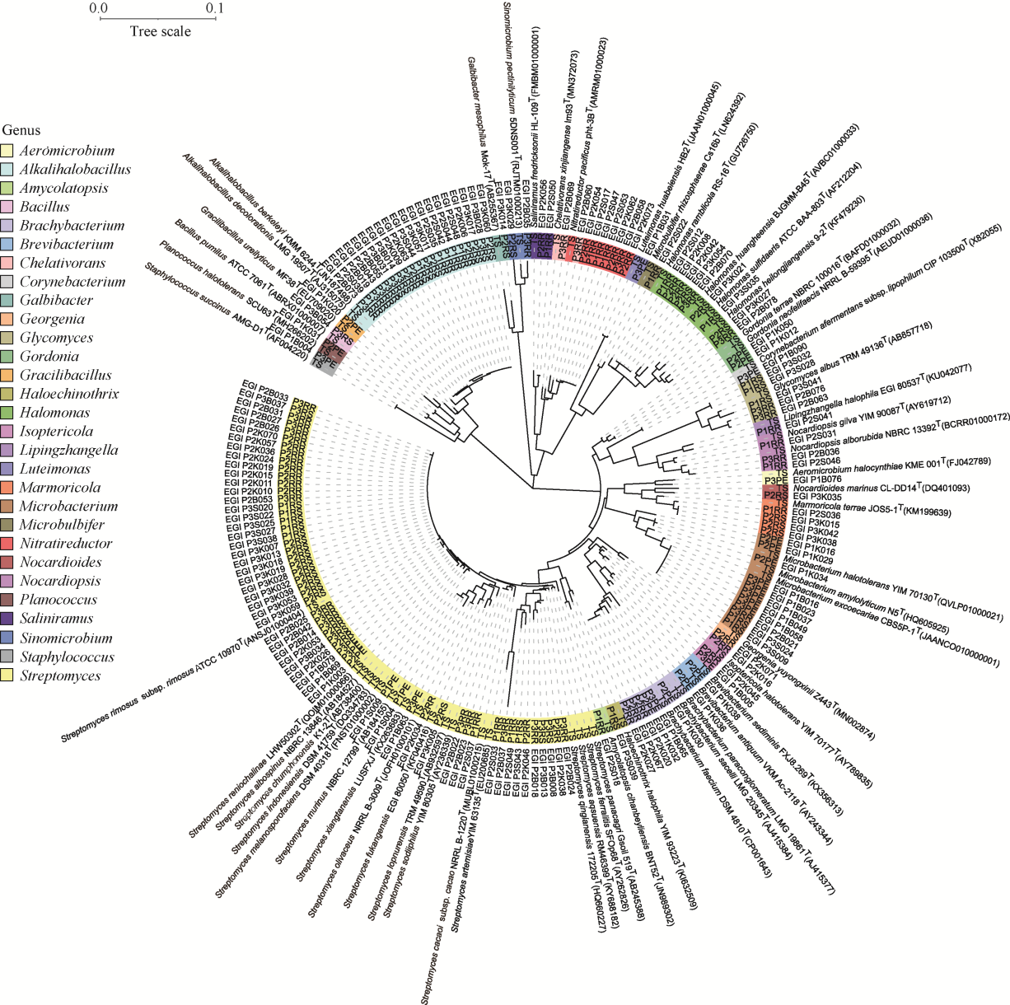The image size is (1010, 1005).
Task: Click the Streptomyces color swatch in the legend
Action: click(x=9, y=676)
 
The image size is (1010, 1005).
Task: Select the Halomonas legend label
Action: click(x=55, y=413)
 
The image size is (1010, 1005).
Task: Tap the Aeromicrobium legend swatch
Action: click(x=9, y=151)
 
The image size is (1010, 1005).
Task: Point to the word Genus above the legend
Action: click(x=21, y=130)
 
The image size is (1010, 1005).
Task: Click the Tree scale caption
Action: click(x=160, y=31)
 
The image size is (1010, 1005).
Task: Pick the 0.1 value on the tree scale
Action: click(x=215, y=9)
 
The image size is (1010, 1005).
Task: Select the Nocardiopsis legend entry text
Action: click(x=60, y=582)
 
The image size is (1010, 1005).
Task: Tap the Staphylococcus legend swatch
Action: click(x=9, y=657)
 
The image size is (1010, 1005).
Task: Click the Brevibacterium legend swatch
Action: click(x=9, y=245)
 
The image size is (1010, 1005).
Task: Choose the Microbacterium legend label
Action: click(x=68, y=507)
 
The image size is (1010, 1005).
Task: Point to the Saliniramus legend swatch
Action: click(x=9, y=619)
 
